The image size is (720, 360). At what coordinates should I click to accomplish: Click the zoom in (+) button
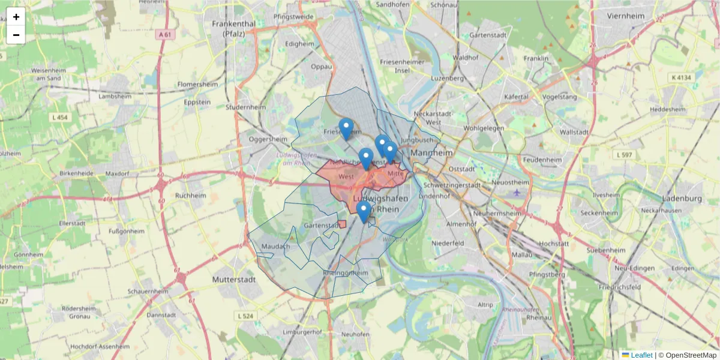click(x=16, y=17)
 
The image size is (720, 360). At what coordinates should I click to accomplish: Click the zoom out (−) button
click(x=16, y=35)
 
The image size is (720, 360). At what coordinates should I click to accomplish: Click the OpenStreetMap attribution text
click(x=691, y=355)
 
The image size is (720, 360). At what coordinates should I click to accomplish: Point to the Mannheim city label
click(x=432, y=153)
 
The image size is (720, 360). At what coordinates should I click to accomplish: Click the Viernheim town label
click(x=629, y=16)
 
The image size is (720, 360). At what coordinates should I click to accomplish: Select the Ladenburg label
click(x=682, y=199)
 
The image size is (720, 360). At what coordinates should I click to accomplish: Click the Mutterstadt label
click(x=235, y=280)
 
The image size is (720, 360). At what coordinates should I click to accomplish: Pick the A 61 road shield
click(x=164, y=35)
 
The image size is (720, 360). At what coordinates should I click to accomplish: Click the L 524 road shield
click(x=245, y=316)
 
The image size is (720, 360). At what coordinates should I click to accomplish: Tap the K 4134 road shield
click(x=682, y=77)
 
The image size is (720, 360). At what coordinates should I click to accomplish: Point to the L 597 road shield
click(x=625, y=155)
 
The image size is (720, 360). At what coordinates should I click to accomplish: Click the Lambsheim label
click(x=114, y=96)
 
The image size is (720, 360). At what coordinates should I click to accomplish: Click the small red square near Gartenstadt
click(x=342, y=224)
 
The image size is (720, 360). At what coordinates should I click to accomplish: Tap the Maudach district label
click(x=275, y=246)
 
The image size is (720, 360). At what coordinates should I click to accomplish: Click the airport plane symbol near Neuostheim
click(x=517, y=192)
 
